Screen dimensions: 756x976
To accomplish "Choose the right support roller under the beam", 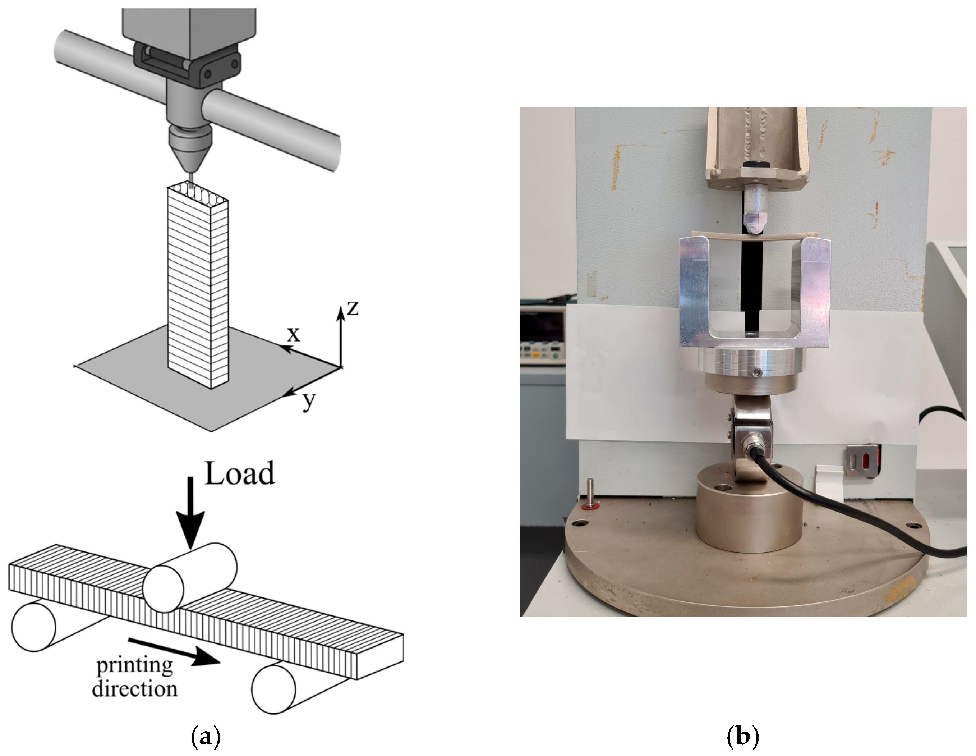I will (x=273, y=688).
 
